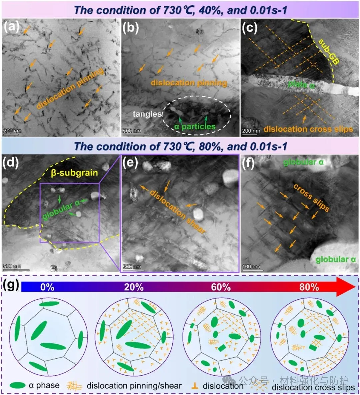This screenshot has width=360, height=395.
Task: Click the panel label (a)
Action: coord(11,27)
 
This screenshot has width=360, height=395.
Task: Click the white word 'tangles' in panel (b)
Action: coord(147,114)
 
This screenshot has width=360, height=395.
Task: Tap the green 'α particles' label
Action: coord(195,126)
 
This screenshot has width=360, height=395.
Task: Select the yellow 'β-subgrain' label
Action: coord(74,173)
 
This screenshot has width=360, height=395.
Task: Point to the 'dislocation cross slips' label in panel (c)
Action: coord(308,129)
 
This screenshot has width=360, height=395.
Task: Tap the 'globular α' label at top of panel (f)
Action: coord(303,162)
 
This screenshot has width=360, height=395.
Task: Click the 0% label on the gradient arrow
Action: coord(47,287)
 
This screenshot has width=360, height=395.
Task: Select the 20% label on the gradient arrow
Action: coord(134,287)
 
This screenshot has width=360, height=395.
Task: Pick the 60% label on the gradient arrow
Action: coord(221,287)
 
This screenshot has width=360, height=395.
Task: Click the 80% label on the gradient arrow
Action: coord(309,287)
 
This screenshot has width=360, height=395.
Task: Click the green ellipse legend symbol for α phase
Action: coord(18,386)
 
